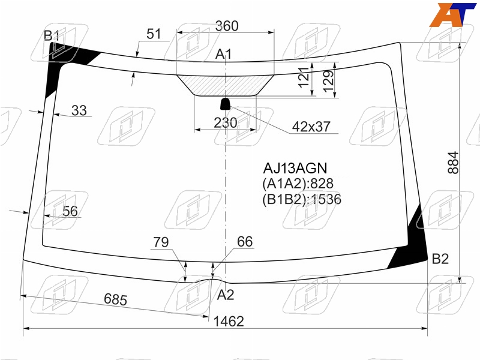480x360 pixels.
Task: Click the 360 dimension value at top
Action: click(227, 26)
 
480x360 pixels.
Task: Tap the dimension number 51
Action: click(154, 34)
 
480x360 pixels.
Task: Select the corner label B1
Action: click(52, 36)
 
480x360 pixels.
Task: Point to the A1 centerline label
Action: click(223, 55)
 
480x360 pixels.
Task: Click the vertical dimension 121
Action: click(304, 77)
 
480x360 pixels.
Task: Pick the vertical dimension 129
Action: click(328, 81)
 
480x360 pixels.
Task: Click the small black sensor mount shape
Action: click(226, 104)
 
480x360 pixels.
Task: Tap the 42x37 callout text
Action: click(311, 127)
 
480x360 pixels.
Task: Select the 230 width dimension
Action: click(226, 123)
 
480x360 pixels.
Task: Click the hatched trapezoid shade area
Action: click(226, 85)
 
